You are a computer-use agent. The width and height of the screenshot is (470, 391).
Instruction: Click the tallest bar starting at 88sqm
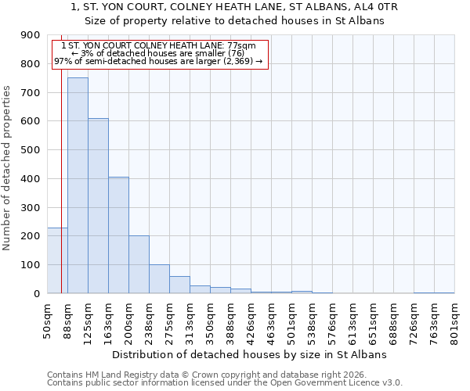tap(78, 185)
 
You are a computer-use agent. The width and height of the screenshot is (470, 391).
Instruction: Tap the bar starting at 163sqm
tap(118, 235)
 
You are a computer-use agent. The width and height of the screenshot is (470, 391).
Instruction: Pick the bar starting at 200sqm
tap(139, 264)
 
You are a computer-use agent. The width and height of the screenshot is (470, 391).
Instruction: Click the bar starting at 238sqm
tap(159, 278)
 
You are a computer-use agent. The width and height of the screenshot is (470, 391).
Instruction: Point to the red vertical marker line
tap(61, 172)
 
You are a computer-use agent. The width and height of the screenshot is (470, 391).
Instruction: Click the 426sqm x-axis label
tap(251, 322)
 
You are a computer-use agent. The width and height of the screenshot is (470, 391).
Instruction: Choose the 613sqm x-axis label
tap(352, 322)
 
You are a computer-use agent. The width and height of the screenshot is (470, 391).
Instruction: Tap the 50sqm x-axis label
tap(47, 321)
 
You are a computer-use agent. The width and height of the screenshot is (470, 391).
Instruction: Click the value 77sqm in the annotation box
tap(240, 45)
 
